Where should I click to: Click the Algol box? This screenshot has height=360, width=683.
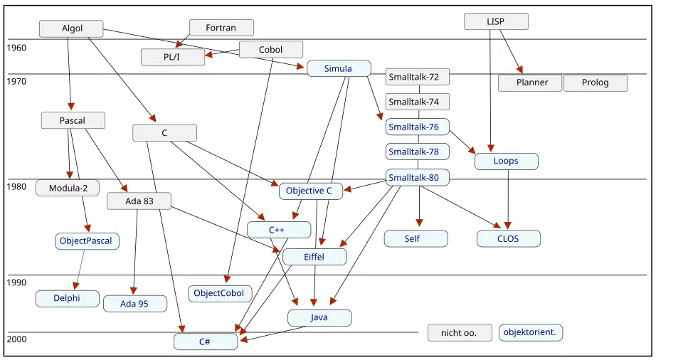(71, 28)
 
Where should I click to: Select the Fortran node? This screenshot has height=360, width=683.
(221, 28)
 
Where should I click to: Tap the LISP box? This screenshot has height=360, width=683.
(496, 21)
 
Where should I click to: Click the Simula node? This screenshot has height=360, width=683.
(339, 68)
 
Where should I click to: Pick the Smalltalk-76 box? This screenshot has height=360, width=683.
(418, 127)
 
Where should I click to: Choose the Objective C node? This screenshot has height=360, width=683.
(310, 191)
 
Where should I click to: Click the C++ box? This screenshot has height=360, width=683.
(278, 230)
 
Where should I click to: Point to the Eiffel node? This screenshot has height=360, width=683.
(314, 257)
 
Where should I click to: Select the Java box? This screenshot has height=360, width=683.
(319, 317)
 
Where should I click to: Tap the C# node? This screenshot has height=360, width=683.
(205, 342)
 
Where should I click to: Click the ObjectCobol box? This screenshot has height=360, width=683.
(219, 293)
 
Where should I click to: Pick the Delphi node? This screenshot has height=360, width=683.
(67, 298)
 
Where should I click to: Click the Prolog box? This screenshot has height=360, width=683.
(595, 83)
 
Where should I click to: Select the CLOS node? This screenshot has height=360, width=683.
(508, 238)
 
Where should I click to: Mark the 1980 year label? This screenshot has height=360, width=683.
(16, 187)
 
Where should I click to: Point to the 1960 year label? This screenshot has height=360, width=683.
(16, 48)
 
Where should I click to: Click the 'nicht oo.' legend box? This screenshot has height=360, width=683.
(460, 332)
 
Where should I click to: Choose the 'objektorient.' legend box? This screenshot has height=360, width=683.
(531, 332)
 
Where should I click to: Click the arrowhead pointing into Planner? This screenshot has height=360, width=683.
(520, 69)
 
